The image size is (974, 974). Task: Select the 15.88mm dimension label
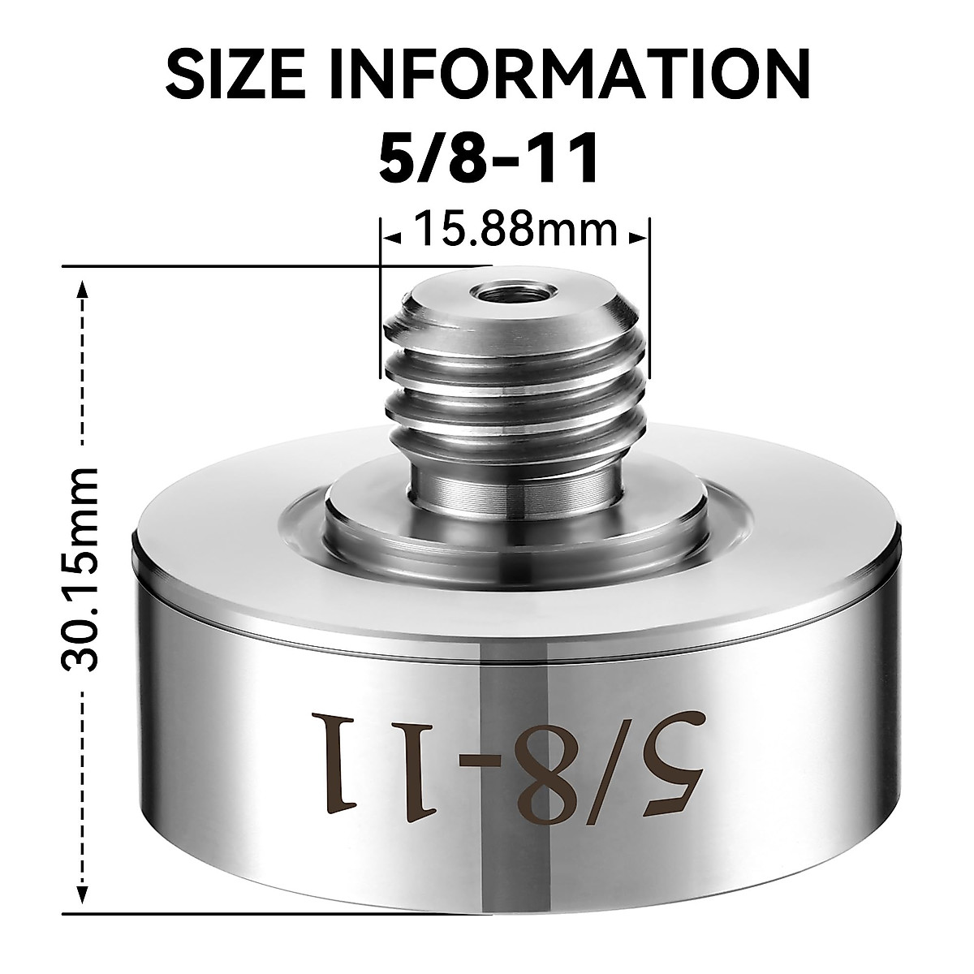coord(515,231)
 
